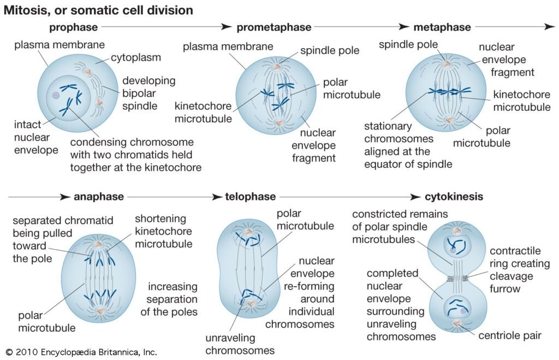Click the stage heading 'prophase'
74,27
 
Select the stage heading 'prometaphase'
273,27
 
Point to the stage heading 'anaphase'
99,197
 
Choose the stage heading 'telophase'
251,197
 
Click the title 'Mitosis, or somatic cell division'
98,10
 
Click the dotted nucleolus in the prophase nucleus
56,95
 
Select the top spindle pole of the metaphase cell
447,64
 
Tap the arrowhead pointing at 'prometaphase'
228,27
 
